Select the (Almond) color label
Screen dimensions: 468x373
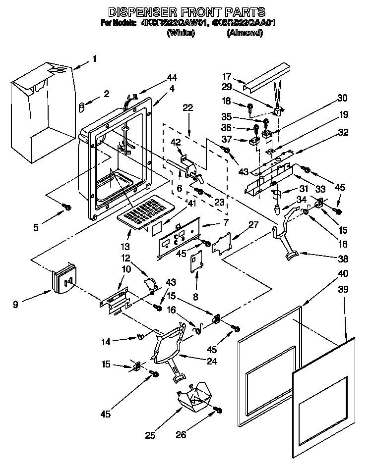(x=245, y=33)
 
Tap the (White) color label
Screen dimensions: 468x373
(x=181, y=33)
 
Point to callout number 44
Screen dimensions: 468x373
(x=172, y=77)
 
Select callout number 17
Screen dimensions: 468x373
(x=227, y=76)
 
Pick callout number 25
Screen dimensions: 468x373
(x=150, y=435)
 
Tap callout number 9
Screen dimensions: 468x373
(x=16, y=305)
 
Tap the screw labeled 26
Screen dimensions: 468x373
(x=217, y=411)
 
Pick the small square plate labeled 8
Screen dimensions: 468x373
(x=198, y=260)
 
